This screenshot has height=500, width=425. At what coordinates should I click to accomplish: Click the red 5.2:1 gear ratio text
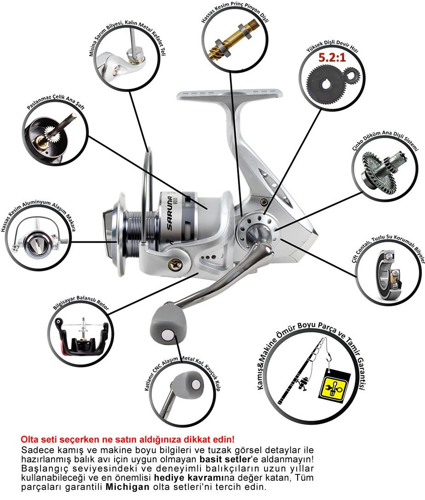click(332, 57)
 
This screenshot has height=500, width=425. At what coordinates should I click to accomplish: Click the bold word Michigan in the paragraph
click(127, 487)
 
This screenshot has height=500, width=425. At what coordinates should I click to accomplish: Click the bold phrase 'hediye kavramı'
click(186, 477)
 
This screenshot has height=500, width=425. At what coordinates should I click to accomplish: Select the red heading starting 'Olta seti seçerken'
click(127, 439)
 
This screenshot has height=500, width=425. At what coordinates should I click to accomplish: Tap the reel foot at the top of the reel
click(230, 95)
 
